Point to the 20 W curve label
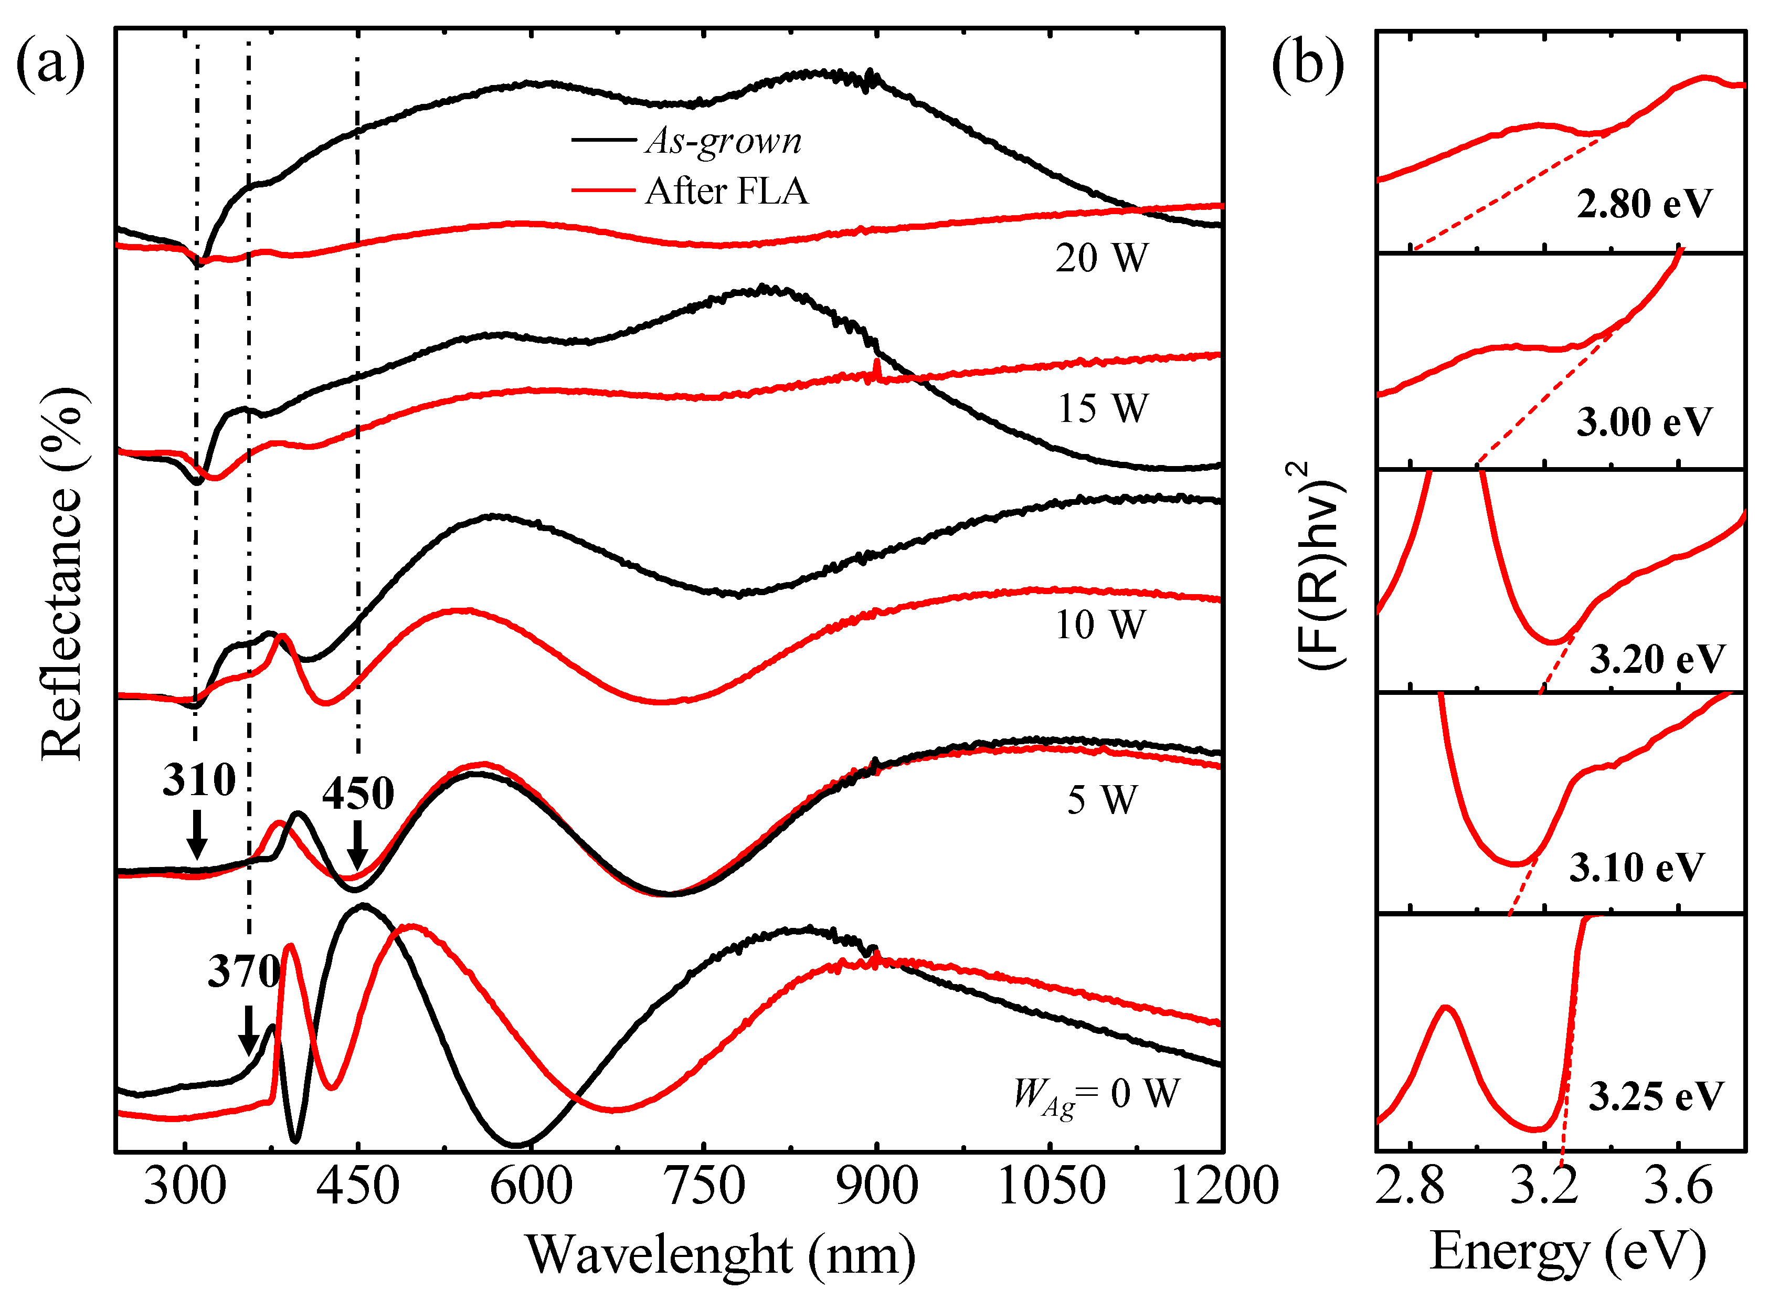click(x=1101, y=258)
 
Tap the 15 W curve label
click(x=1101, y=408)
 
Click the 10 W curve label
click(x=1099, y=625)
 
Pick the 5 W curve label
click(x=1101, y=800)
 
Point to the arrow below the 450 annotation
click(x=357, y=845)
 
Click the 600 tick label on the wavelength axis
click(x=531, y=1187)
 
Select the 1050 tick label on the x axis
click(x=1051, y=1187)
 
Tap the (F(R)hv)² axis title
click(x=1319, y=567)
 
